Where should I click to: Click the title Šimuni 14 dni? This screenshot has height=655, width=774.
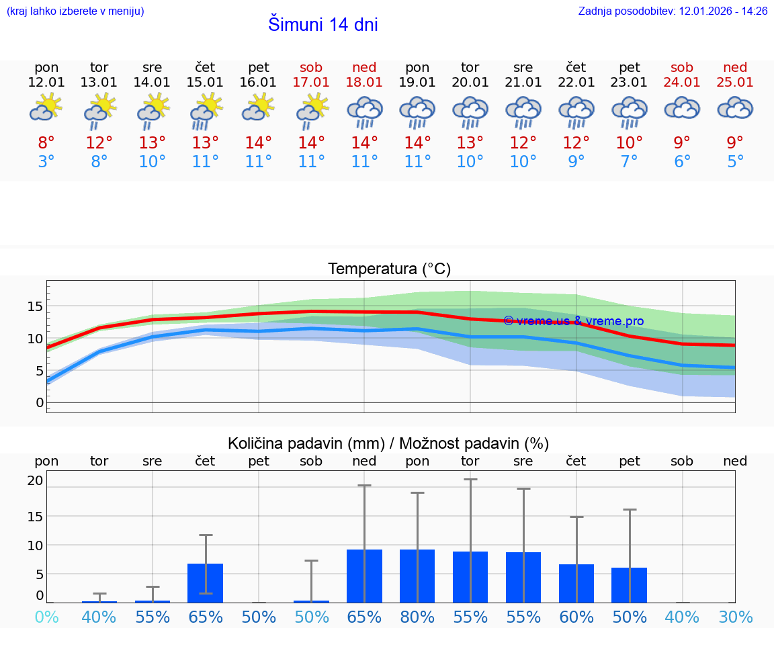322,25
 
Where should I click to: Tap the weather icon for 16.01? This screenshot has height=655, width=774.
259,107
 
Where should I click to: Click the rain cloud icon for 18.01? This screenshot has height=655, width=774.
364,112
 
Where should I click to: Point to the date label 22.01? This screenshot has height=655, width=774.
576,82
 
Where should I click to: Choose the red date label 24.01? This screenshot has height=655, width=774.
682,82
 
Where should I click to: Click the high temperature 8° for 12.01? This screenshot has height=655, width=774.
46,143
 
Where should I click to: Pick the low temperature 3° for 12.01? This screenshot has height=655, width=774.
46,162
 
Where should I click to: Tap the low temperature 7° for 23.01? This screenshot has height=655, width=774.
630,162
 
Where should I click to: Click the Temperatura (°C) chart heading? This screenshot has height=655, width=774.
389,269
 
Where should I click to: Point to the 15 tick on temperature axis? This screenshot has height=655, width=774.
35,306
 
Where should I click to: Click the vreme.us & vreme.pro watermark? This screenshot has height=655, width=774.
573,321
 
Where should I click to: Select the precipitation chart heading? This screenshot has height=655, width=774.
388,443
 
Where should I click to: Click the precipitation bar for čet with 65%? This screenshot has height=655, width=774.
206,583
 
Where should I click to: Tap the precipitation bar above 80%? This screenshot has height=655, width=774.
417,576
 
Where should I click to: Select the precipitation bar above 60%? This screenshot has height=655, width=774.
576,583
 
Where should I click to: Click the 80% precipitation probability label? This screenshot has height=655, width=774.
417,617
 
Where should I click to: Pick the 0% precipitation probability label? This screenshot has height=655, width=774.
46,617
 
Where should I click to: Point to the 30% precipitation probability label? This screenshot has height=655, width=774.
735,617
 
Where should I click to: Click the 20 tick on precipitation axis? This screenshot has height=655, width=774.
35,480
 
